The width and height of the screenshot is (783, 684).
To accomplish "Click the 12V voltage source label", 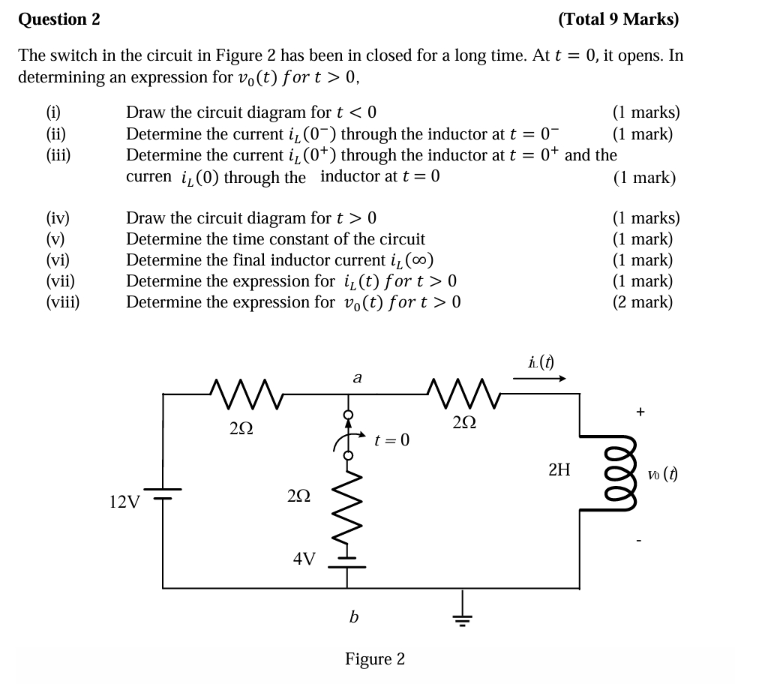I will [124, 501].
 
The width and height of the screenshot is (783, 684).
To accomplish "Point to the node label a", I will [357, 378].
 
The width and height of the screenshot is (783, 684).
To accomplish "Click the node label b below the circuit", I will [353, 616].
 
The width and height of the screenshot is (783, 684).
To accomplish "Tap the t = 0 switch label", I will [391, 439].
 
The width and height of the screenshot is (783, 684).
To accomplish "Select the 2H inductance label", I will [559, 470].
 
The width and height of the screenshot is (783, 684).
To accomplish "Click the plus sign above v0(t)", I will [640, 411].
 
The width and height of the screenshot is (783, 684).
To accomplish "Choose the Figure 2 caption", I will [374, 658].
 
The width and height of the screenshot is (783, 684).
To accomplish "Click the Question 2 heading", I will [59, 19].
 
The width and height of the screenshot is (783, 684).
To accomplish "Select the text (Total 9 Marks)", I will [618, 19].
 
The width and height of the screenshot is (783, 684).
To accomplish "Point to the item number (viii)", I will [63, 302].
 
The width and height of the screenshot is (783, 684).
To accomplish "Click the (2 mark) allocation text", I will [643, 302].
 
